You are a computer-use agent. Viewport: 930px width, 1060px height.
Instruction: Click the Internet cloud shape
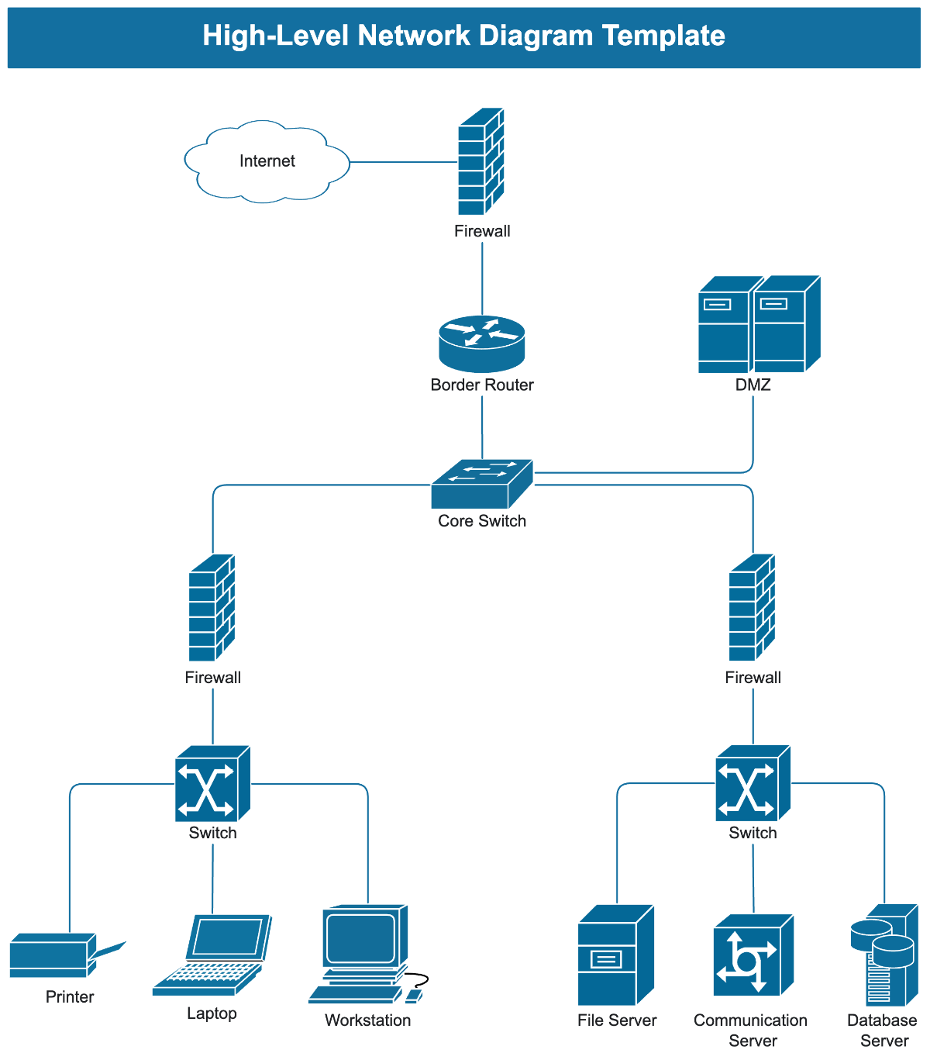(267, 161)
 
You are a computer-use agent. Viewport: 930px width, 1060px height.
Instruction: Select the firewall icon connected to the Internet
(480, 162)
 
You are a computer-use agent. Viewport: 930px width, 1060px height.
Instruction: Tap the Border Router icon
(482, 344)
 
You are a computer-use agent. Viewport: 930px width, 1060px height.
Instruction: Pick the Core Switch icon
(482, 485)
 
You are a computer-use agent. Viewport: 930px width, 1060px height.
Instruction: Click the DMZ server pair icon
(759, 325)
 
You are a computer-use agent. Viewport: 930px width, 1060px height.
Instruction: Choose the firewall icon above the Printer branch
(212, 608)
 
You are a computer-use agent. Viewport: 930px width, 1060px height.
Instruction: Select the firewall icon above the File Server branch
(753, 608)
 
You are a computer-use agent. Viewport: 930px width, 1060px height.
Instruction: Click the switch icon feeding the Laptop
(212, 783)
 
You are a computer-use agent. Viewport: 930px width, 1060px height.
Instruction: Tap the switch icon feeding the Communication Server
(753, 783)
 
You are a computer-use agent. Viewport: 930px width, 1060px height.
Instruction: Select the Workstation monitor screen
(361, 938)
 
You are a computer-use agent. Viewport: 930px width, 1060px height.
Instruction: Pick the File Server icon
(616, 955)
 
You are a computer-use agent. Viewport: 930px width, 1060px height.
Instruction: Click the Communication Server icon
(753, 955)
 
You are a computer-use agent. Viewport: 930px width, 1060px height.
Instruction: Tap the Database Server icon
(883, 955)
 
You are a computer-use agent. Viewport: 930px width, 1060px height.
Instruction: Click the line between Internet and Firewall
(403, 162)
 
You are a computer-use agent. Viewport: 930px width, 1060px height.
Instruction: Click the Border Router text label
(482, 385)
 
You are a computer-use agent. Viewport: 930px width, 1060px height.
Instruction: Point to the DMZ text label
(753, 385)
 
